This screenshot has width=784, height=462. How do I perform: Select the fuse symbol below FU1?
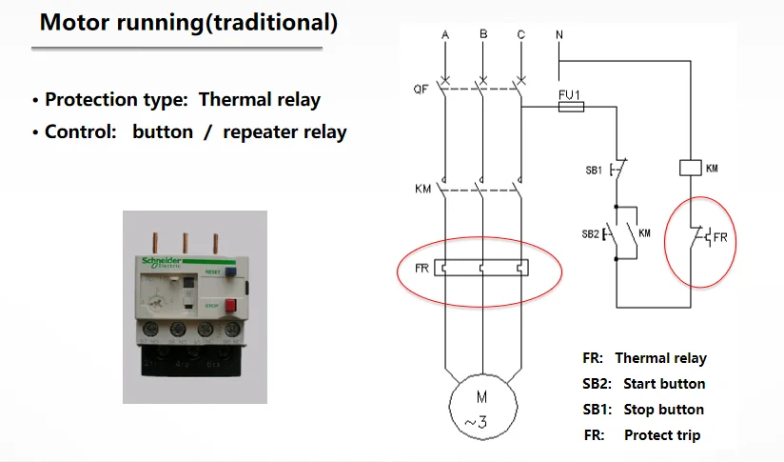[x=570, y=109]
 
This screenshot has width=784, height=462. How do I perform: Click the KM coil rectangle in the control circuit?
[x=691, y=168]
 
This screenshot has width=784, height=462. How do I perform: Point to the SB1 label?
[x=593, y=171]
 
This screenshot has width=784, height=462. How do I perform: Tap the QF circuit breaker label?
[x=421, y=90]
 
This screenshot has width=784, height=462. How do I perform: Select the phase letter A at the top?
[x=445, y=35]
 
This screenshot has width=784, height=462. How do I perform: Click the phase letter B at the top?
[x=483, y=35]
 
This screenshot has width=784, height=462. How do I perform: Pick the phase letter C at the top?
[x=520, y=35]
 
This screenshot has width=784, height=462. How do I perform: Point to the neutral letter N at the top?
[x=558, y=35]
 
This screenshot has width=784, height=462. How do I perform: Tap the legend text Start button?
[x=664, y=384]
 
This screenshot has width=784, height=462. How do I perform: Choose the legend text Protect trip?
[x=662, y=435]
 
